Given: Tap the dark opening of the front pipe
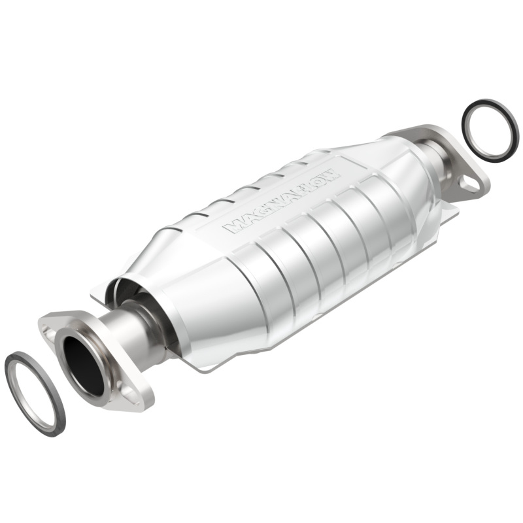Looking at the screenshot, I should coord(83,366).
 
